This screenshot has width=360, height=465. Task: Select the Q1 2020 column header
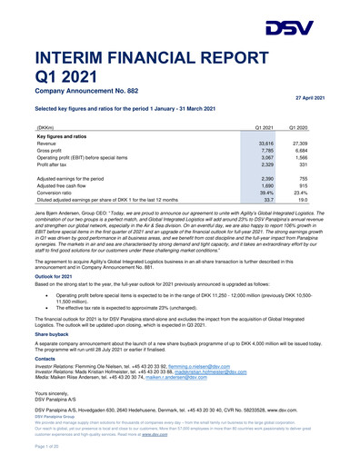pos(311,129)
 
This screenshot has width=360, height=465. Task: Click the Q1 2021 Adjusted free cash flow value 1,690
pos(266,186)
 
